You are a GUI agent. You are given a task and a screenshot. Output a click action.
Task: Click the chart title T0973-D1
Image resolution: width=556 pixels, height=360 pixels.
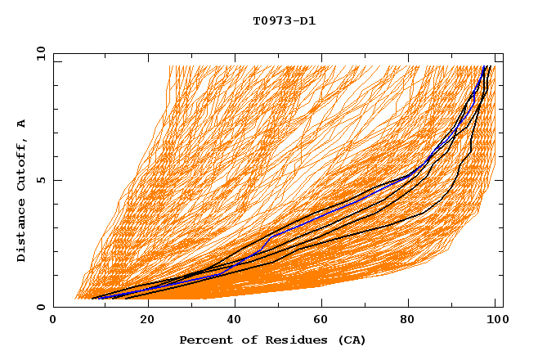(x=284, y=20)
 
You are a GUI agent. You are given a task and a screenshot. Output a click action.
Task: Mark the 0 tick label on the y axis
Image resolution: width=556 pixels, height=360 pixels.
(x=40, y=308)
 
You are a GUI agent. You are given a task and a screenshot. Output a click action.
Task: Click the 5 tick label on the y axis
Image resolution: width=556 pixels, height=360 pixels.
(x=40, y=180)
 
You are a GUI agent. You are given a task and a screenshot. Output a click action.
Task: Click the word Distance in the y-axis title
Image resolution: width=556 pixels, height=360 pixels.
(x=21, y=232)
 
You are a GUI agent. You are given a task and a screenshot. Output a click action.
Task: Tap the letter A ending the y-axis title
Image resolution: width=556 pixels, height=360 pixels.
(x=21, y=124)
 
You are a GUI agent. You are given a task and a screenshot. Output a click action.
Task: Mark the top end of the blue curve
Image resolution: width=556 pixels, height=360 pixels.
(x=485, y=66)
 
